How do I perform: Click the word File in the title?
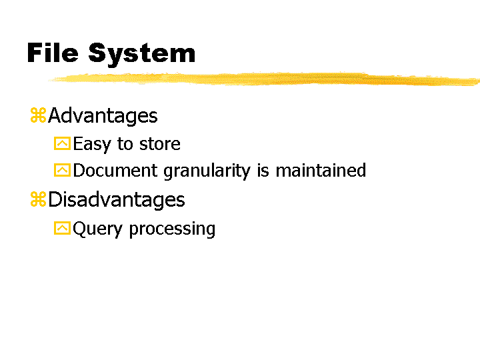(53, 53)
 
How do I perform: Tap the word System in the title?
(142, 55)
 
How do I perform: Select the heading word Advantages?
(103, 116)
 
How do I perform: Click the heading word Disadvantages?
(117, 200)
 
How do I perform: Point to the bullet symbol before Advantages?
(38, 115)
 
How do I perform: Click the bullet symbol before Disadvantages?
(38, 199)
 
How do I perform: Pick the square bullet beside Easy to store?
(62, 143)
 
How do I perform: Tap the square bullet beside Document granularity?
(62, 170)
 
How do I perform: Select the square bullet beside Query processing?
(62, 228)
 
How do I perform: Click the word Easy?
(92, 144)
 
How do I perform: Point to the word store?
(160, 144)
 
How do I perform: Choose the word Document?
(115, 171)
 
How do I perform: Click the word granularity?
(207, 171)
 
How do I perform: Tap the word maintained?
(321, 170)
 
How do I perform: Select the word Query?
(97, 229)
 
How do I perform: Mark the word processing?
(173, 229)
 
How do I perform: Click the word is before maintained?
(263, 171)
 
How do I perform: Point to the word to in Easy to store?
(125, 144)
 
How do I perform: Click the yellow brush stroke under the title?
(264, 79)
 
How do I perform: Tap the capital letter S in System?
(97, 53)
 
